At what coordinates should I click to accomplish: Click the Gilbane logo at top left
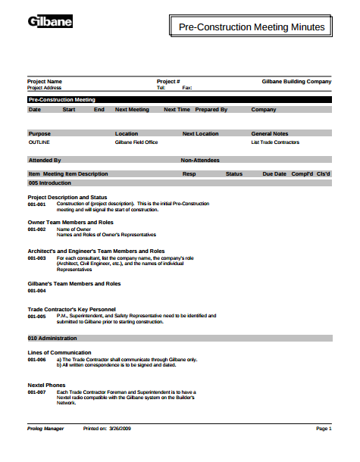pos(50,22)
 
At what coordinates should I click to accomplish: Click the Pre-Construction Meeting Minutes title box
pos(251,27)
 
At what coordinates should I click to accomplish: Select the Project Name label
pos(45,81)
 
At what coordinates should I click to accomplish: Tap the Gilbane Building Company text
pos(296,81)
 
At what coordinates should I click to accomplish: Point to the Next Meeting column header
pos(132,110)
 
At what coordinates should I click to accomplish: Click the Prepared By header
pos(211,110)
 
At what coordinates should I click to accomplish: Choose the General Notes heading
pos(270,134)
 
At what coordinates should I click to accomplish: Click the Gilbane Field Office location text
pos(136,142)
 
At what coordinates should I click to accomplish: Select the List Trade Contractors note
pos(275,142)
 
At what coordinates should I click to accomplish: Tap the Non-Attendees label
pos(200,161)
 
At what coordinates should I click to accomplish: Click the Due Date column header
pos(274,174)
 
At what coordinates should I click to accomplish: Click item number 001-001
pos(37,204)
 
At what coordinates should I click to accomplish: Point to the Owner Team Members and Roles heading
pos(70,223)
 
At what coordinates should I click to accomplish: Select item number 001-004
pos(37,291)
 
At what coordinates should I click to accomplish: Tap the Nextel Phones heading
pos(46,385)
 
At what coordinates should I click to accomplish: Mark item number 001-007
pos(37,392)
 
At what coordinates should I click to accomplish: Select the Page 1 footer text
pos(324,429)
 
